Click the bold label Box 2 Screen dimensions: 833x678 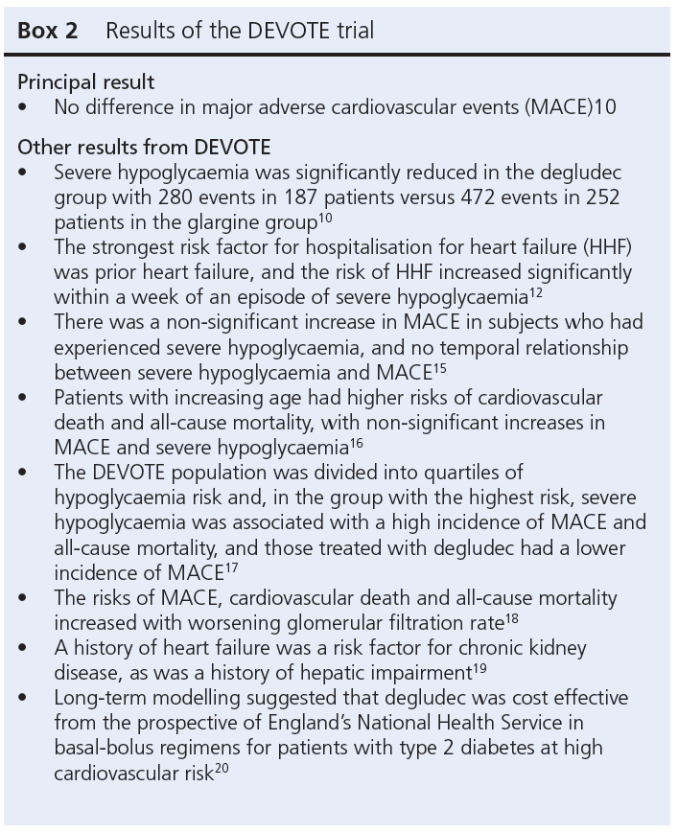(x=48, y=31)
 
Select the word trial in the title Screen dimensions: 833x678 (x=348, y=31)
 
